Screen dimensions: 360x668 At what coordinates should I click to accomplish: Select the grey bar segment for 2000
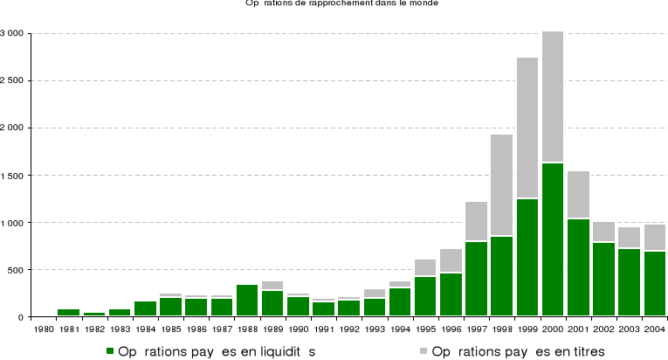point(553,96)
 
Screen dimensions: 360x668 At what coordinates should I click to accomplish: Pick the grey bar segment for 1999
point(527,128)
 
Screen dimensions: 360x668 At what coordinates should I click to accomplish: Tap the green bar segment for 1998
point(501,276)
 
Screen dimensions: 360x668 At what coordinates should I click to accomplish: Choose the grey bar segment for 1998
point(501,184)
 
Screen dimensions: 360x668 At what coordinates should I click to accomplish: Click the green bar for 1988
point(247,301)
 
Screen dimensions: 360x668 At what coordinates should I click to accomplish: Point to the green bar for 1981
point(68,312)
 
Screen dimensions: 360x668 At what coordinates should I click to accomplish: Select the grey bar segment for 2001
point(578,194)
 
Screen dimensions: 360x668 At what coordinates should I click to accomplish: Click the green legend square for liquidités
point(110,351)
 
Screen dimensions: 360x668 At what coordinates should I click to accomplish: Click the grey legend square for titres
point(424,351)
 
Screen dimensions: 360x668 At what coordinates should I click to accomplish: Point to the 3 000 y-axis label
point(12,33)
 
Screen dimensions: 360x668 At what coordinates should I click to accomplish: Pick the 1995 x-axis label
point(425,329)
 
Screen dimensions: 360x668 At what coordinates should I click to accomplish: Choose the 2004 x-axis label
point(655,329)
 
